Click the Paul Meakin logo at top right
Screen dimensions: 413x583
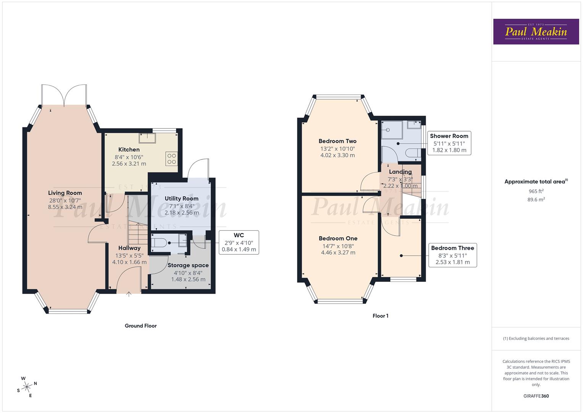(x=536, y=32)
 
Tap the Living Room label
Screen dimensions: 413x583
(x=65, y=193)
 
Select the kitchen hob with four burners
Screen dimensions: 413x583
(x=171, y=159)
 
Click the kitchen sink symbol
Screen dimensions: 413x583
(x=147, y=138)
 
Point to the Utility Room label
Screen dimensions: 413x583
(x=181, y=198)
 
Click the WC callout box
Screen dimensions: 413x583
(x=239, y=242)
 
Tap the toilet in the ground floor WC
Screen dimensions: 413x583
(x=159, y=242)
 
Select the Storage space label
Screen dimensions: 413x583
(x=188, y=265)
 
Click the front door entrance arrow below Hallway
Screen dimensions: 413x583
(x=129, y=294)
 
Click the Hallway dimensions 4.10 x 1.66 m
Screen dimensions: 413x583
(x=129, y=262)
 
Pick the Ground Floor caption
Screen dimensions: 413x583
(x=141, y=326)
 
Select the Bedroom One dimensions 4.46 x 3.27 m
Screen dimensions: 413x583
(x=338, y=252)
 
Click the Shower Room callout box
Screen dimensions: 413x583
(x=449, y=143)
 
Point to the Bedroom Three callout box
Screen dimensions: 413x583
(x=452, y=255)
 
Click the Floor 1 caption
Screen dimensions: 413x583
(x=380, y=316)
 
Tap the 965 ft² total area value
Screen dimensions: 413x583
(x=536, y=191)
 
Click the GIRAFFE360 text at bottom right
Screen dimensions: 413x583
(x=536, y=396)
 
